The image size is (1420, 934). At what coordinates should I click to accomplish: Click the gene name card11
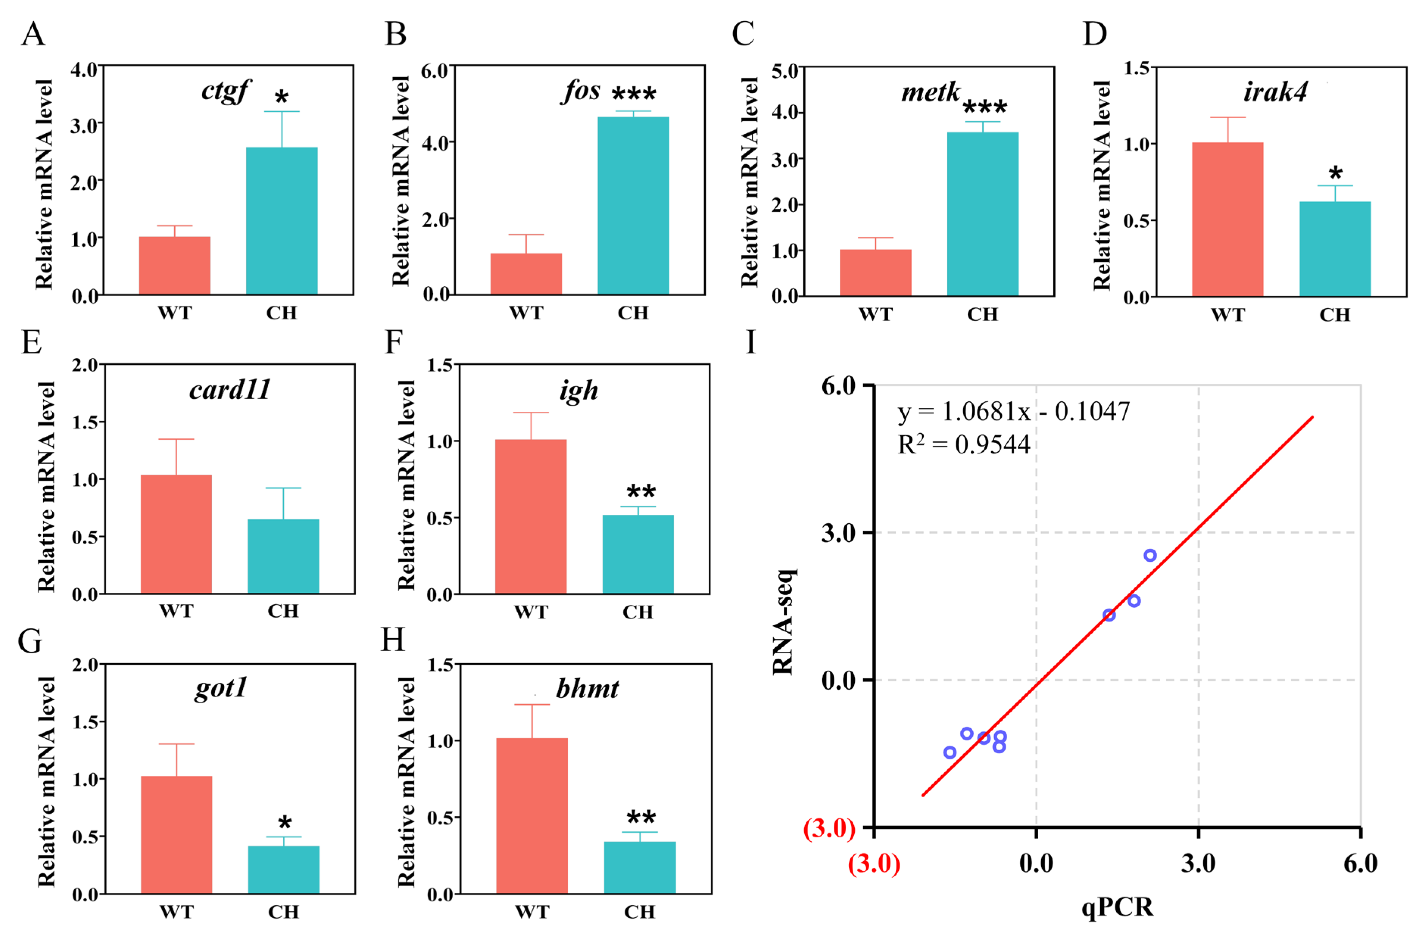[x=230, y=390]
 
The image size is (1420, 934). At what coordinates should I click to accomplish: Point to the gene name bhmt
[x=587, y=689]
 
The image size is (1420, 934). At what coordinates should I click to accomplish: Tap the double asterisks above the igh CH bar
[x=641, y=492]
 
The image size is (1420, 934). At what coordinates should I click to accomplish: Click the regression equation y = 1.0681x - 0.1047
[x=1013, y=412]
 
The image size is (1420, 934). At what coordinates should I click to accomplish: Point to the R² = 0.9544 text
[x=964, y=444]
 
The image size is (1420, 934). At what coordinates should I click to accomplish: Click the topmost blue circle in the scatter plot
[x=1150, y=555]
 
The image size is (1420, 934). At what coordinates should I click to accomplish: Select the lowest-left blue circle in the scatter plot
[x=950, y=753]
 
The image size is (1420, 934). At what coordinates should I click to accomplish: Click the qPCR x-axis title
[x=1117, y=907]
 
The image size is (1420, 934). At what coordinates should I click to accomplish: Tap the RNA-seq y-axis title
[x=783, y=622]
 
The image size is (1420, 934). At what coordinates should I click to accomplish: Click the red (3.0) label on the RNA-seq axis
[x=830, y=828]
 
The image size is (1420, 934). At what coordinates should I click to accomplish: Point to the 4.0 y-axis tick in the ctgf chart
[x=84, y=70]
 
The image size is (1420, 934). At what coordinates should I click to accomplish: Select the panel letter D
[x=1094, y=34]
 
